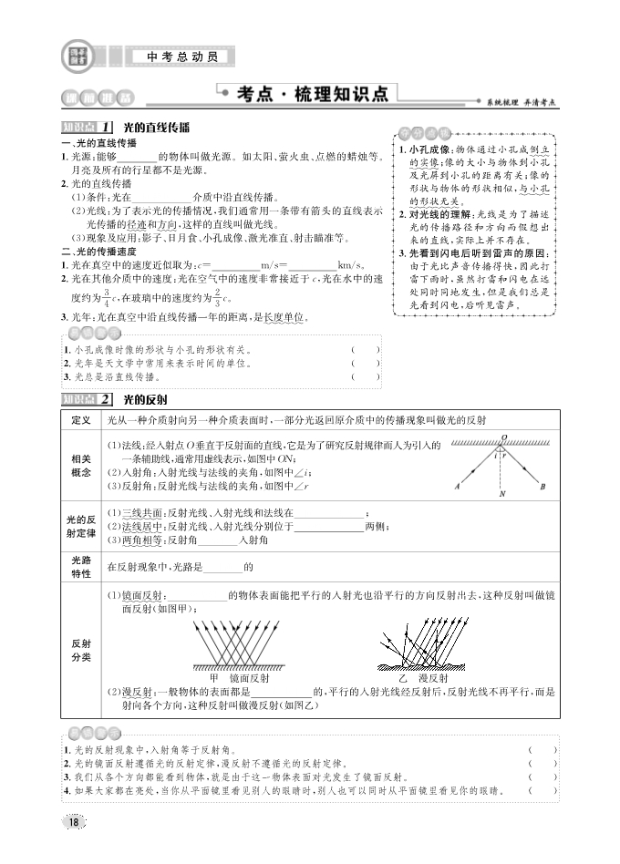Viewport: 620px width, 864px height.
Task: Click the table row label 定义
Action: (80, 420)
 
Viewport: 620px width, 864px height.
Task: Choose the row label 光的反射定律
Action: (80, 526)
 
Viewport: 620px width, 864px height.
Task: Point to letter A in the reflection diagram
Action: (456, 487)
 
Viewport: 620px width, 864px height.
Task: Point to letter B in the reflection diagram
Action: (542, 487)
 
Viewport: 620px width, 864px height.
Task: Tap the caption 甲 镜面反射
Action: (240, 678)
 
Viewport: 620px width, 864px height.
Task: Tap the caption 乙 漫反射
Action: (423, 678)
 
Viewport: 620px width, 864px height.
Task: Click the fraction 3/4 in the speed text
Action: (106, 296)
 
